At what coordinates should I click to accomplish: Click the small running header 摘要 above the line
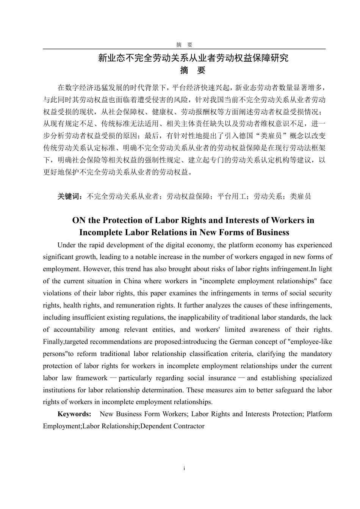pyautogui.click(x=184, y=45)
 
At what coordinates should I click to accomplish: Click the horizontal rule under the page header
pyautogui.click(x=184, y=49)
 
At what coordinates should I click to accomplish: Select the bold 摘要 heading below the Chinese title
pyautogui.click(x=193, y=70)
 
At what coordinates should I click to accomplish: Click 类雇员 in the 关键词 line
pyautogui.click(x=301, y=196)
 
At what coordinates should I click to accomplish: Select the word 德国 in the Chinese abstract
pyautogui.click(x=239, y=136)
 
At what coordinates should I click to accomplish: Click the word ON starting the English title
pyautogui.click(x=79, y=220)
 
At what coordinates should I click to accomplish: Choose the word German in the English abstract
pyautogui.click(x=241, y=342)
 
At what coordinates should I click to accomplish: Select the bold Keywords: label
pyautogui.click(x=74, y=414)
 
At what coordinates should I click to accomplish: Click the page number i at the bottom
pyautogui.click(x=184, y=468)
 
